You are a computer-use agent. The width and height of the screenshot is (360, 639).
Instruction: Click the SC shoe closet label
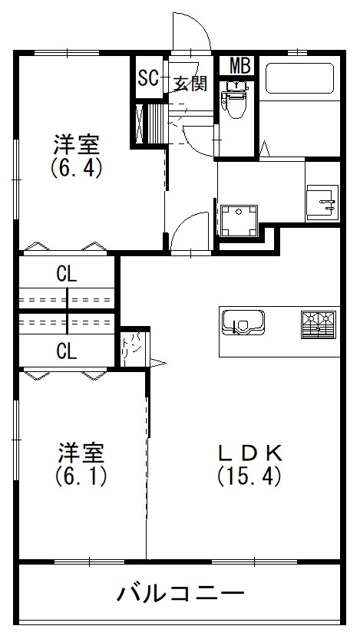147,77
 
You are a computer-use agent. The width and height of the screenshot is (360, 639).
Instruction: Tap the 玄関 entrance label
190,83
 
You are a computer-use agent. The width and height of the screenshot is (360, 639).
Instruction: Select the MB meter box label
240,66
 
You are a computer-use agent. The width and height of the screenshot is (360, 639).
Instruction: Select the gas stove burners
319,324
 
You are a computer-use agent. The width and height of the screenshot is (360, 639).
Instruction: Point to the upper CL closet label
66,272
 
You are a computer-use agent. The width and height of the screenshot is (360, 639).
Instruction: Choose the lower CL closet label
66,351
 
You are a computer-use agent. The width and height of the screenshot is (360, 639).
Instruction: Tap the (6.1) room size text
80,476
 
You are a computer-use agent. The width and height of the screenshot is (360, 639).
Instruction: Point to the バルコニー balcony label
181,594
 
